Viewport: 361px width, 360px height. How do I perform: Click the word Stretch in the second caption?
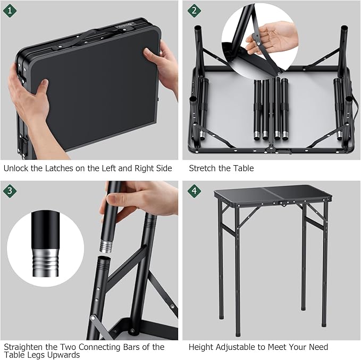[203, 168]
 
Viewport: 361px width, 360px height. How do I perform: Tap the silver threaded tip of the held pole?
[105, 245]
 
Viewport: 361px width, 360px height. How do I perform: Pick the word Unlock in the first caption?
[16, 168]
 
